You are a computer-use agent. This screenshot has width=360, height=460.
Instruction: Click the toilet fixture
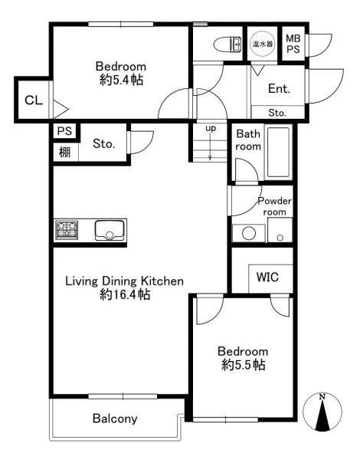point(227,44)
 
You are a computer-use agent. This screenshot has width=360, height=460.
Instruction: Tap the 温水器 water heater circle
point(263,44)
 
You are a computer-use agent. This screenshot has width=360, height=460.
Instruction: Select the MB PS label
point(293,44)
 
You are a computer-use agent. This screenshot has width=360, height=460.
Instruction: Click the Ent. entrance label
point(279,88)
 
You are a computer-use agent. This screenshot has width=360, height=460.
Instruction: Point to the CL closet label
point(34,100)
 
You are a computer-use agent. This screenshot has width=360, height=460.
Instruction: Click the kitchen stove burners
point(67,230)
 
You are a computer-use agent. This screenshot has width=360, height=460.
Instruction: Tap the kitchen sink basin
point(110,230)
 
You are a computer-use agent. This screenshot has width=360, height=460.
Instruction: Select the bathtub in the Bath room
point(278,153)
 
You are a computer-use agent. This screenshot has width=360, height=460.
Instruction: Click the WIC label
point(267,277)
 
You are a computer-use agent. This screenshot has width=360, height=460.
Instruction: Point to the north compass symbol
point(322,412)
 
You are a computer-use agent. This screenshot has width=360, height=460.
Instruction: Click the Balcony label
point(115,419)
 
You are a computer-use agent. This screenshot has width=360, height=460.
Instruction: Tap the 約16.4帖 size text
point(125,294)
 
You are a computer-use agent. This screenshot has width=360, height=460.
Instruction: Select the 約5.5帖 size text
point(244,365)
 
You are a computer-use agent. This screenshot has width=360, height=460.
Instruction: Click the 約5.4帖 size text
point(121,80)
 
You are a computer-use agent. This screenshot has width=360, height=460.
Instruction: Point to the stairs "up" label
point(211,129)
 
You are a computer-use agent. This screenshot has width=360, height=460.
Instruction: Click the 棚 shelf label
point(65,153)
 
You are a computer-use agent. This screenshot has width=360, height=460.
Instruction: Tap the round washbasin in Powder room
point(249,233)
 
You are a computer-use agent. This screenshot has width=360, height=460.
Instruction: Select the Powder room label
point(274,206)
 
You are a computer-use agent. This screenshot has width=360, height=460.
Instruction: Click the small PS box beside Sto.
point(65,131)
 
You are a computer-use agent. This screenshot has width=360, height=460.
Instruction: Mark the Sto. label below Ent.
point(277,113)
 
